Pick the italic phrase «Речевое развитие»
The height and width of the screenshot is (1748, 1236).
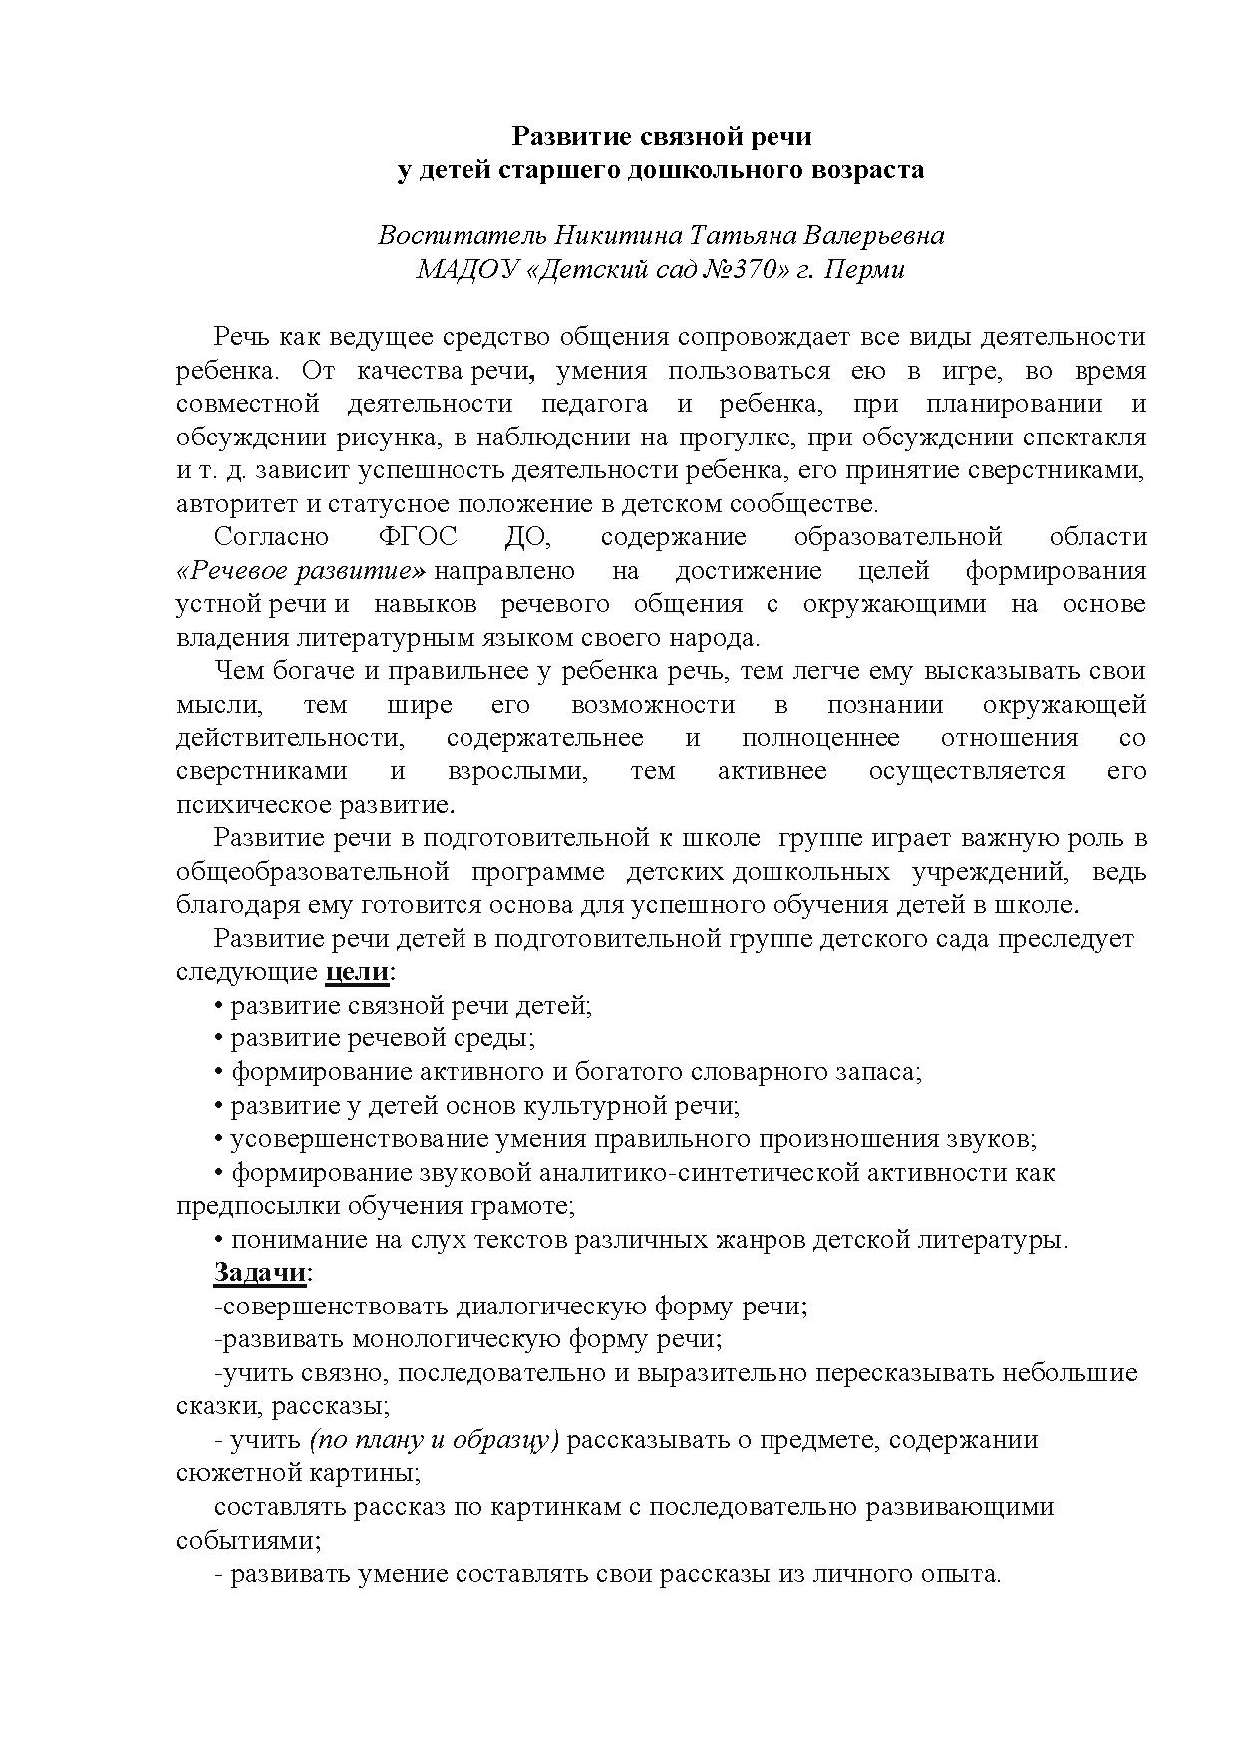(x=302, y=571)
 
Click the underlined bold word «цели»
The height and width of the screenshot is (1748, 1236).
(x=357, y=972)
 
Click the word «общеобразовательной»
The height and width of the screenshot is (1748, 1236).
(x=312, y=872)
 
